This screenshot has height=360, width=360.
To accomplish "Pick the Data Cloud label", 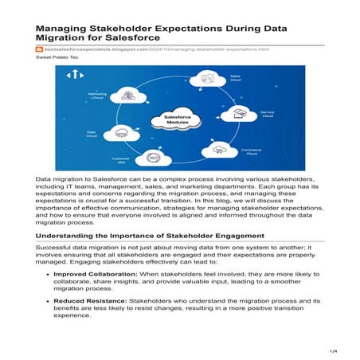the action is [92, 135].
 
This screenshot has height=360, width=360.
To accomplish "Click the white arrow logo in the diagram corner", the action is [77, 74].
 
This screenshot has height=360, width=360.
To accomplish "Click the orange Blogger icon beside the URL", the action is [40, 49].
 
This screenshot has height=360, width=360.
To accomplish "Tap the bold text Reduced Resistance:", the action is [96, 303].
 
